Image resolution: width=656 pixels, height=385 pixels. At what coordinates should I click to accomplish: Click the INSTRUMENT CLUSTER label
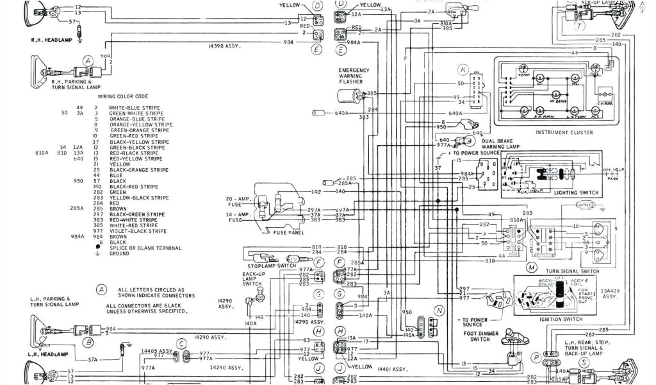[x=563, y=132]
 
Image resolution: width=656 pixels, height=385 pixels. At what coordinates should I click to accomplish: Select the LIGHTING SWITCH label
[x=575, y=193]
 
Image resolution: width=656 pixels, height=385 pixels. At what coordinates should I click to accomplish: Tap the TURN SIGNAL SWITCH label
[x=572, y=271]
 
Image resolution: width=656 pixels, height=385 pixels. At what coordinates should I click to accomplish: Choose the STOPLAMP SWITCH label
[x=272, y=266]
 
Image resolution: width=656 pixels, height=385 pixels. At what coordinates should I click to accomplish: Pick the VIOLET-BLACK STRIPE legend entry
[x=138, y=231]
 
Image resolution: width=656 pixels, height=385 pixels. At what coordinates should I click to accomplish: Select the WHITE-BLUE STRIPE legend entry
[x=135, y=108]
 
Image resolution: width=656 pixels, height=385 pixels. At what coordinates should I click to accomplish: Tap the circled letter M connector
[x=531, y=266]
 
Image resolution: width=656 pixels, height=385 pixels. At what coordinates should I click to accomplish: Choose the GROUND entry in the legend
[x=119, y=253]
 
